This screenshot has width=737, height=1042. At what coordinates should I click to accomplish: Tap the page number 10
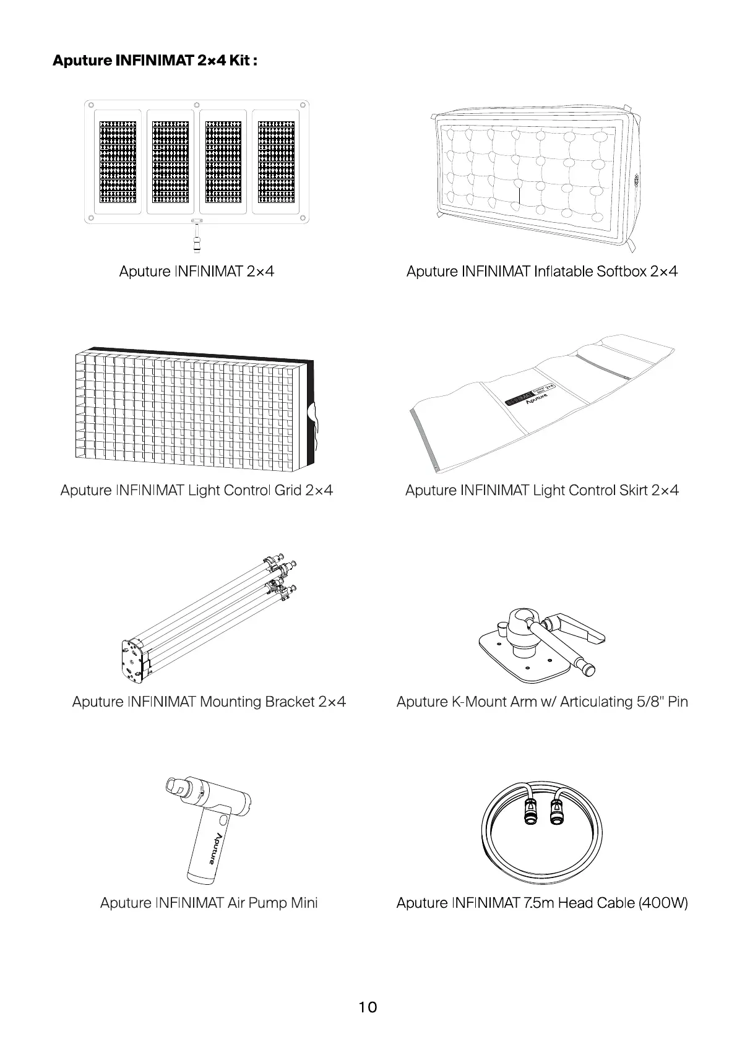[368, 1007]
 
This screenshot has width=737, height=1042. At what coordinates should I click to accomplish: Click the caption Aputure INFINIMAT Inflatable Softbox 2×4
[541, 271]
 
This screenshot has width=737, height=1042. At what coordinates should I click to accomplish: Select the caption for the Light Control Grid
[197, 490]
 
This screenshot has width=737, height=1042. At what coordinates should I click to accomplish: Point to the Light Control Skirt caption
[541, 490]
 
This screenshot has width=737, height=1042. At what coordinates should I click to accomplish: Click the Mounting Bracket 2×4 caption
[209, 702]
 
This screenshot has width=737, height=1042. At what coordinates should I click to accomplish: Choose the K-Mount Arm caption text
[541, 702]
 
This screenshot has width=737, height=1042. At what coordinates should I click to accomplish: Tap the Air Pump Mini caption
[209, 903]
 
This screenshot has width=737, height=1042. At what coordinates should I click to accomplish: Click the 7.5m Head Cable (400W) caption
[541, 903]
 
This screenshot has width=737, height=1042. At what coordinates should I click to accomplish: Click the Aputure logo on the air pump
[214, 848]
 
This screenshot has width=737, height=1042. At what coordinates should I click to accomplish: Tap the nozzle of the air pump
[177, 788]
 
